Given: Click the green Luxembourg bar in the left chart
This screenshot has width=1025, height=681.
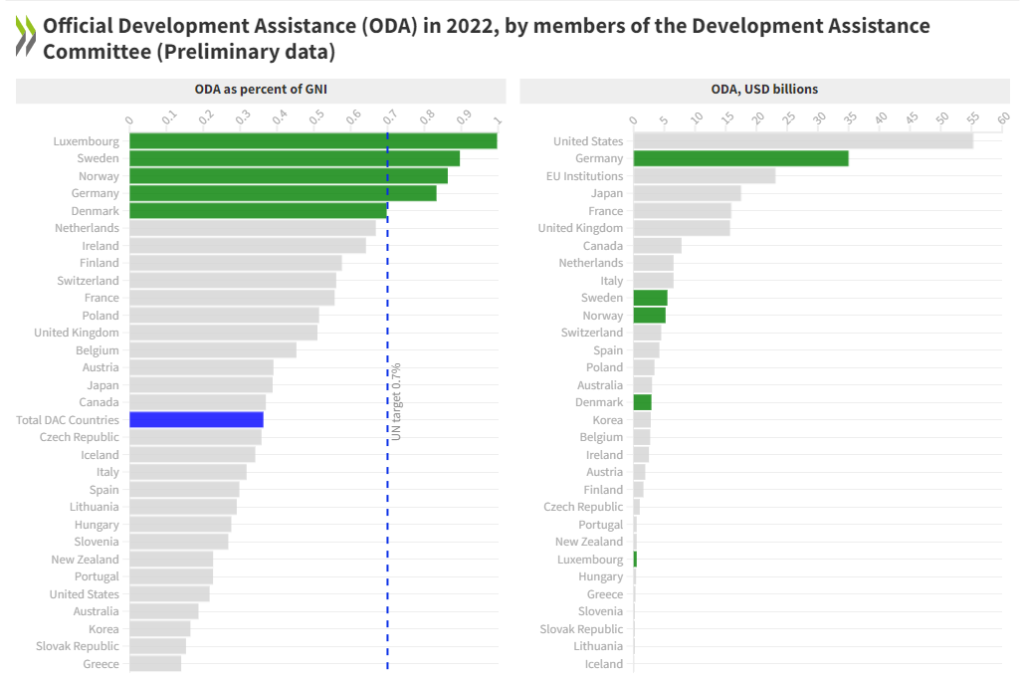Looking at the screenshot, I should [312, 141].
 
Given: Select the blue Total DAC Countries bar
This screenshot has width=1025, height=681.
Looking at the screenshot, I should [196, 420].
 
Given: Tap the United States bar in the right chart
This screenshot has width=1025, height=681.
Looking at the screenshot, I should [802, 141].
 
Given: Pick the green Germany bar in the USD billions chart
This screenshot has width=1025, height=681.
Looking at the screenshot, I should [740, 158].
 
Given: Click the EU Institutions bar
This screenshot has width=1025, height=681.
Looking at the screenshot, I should [704, 176].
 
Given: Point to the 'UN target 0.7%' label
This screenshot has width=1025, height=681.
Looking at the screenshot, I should [396, 401].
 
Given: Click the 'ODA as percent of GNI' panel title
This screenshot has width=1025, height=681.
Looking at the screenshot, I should [261, 90].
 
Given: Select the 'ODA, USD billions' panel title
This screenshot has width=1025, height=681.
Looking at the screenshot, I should [764, 90].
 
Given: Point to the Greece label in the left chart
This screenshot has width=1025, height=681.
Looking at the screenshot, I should [101, 664].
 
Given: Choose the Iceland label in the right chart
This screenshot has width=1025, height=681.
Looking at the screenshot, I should [604, 664].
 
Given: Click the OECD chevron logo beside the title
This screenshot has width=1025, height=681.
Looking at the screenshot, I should [26, 37].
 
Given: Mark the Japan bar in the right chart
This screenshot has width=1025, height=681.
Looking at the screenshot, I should [687, 193].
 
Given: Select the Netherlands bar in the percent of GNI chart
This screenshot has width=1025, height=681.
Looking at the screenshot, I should [252, 228].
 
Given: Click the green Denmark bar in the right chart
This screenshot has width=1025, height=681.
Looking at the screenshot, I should [642, 402].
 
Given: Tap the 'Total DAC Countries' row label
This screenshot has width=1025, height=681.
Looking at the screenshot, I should [68, 420].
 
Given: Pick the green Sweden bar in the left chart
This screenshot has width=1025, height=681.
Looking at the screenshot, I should [294, 158].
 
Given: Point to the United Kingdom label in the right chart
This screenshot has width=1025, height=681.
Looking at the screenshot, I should [580, 228].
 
